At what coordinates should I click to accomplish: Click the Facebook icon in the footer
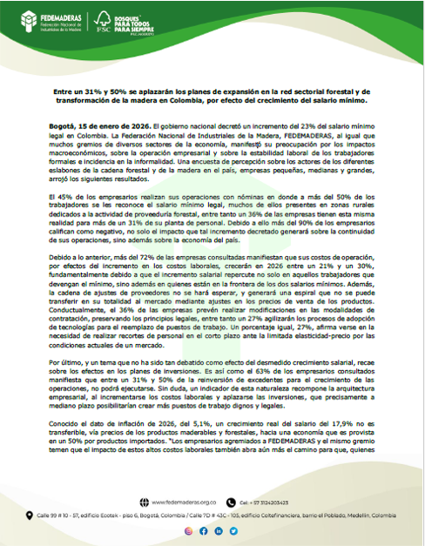pos(205,530)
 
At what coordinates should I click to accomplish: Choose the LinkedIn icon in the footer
pos(219,530)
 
